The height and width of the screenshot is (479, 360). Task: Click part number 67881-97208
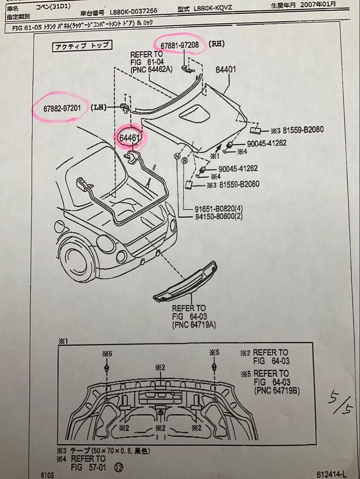(x=180, y=45)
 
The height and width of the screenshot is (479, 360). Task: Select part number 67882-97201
(x=62, y=108)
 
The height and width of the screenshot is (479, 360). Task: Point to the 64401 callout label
(x=225, y=70)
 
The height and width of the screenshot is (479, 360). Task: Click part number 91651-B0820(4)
(x=218, y=209)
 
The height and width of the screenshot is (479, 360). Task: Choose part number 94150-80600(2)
(x=218, y=216)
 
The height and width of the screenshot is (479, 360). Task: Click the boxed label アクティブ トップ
(x=81, y=46)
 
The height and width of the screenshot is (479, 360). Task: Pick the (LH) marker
(x=98, y=107)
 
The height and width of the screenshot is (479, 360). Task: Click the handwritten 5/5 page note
(x=341, y=402)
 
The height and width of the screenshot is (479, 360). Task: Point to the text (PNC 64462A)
(x=151, y=69)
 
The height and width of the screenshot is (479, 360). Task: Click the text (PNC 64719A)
(x=194, y=325)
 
